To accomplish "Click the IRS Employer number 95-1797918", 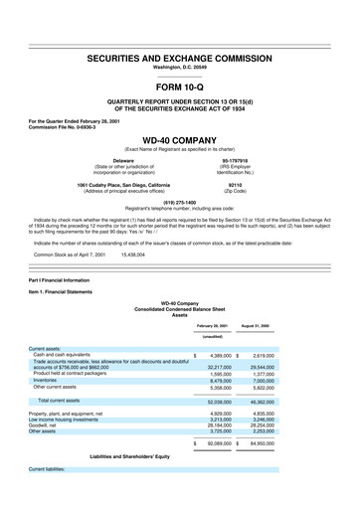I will coord(261,158).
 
